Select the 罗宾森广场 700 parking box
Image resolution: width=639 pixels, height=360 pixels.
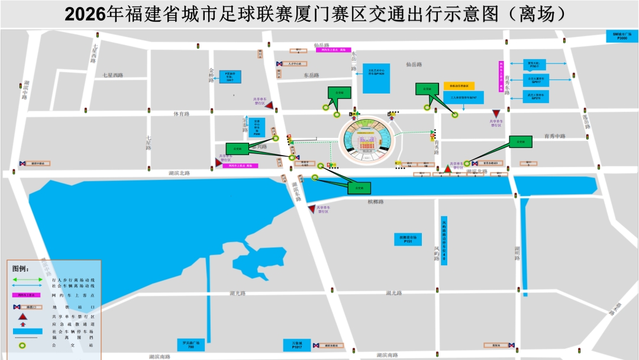point(191,345)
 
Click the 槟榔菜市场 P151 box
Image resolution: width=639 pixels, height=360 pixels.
point(408,239)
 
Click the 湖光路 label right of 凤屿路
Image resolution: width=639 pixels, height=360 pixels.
point(394,293)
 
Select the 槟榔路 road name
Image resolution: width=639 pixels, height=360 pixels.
point(375,202)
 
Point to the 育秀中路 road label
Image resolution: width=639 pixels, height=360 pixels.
point(554,136)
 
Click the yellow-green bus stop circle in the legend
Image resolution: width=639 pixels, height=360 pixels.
point(23,345)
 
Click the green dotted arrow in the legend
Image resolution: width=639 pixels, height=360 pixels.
point(27,279)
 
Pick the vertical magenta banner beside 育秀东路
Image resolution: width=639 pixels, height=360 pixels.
point(501,76)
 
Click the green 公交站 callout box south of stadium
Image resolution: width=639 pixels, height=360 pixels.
point(359,188)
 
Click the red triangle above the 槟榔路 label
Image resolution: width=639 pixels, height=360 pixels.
point(312,209)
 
